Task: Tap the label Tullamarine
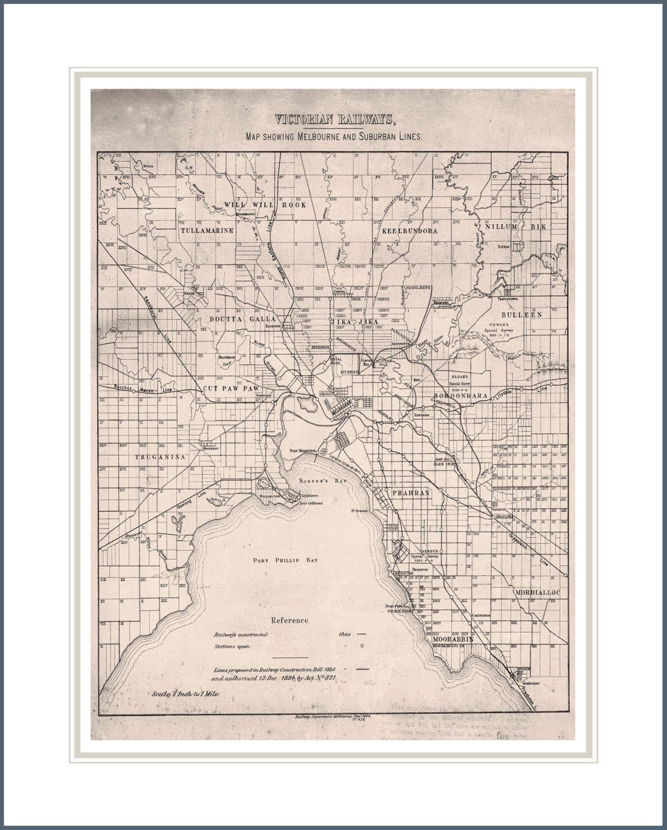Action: [208, 230]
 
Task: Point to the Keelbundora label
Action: [409, 230]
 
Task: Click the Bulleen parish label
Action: [522, 314]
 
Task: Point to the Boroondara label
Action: [461, 395]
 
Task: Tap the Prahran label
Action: [410, 493]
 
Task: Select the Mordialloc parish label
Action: [537, 592]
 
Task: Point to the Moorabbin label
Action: [453, 639]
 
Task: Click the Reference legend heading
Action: [290, 620]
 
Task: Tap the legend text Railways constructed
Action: [240, 635]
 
